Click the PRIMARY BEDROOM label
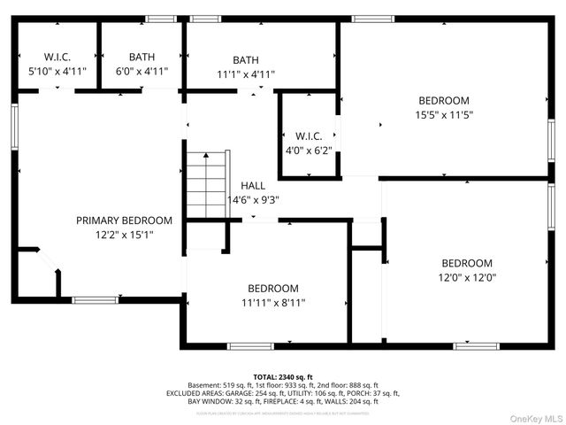[x=124, y=220]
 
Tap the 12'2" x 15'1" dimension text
[x=124, y=235]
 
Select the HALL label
[x=253, y=186]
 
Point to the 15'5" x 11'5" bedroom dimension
[x=444, y=115]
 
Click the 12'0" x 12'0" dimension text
[x=467, y=277]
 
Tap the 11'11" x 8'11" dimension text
[x=272, y=302]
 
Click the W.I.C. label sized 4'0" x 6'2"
[x=309, y=135]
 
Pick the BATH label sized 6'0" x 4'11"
[x=141, y=56]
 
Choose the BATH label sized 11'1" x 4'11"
[x=246, y=60]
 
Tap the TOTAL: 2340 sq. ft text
[x=283, y=377]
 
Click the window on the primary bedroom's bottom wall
[x=96, y=300]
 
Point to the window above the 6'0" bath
[x=160, y=18]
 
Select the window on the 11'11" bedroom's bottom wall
[x=250, y=345]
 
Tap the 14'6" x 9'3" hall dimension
[x=253, y=200]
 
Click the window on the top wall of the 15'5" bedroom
[x=372, y=18]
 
